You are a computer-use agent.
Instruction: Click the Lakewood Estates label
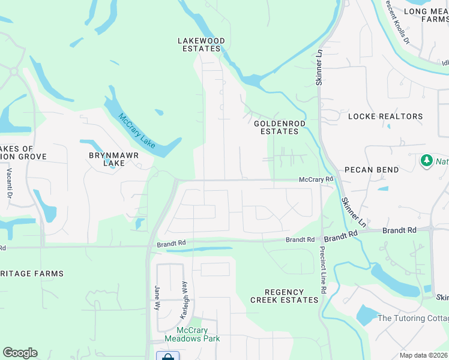coord(201,45)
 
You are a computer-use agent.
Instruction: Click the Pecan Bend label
coord(372,170)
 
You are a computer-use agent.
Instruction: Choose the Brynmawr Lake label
coord(114,159)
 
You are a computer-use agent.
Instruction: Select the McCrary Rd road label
coord(316,179)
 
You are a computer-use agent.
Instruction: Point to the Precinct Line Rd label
coord(323,270)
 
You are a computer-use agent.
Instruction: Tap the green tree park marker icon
coord(427,161)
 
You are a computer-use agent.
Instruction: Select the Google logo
coord(20,353)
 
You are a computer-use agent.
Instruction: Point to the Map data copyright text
coord(423,355)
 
